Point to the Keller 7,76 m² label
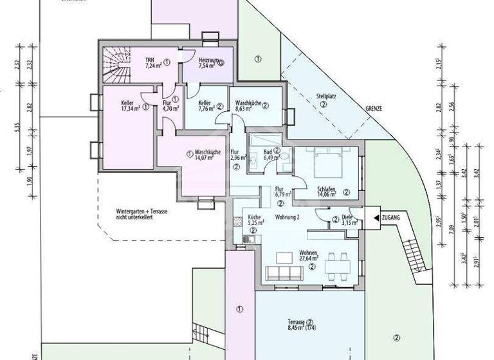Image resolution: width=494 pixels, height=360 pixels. (x=206, y=105)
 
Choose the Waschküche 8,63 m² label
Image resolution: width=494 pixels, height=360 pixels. (x=248, y=106)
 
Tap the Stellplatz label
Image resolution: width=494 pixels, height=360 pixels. (x=326, y=99)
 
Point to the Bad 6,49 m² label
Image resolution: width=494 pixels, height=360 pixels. (x=271, y=154)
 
